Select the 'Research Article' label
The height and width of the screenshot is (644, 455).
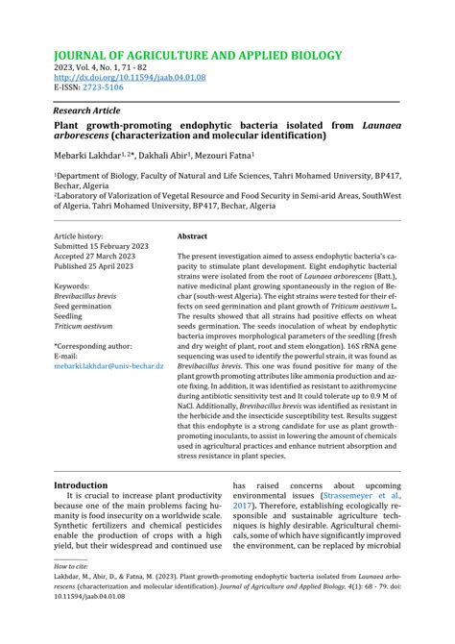point(93,111)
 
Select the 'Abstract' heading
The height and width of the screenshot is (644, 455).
point(192,235)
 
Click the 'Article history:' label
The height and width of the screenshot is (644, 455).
point(78,235)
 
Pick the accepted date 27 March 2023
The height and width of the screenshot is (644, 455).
point(94,256)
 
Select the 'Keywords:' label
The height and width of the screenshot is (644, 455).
point(72,285)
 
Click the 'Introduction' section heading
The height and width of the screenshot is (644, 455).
point(81,485)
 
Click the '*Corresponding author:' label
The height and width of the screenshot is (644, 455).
point(93,346)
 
